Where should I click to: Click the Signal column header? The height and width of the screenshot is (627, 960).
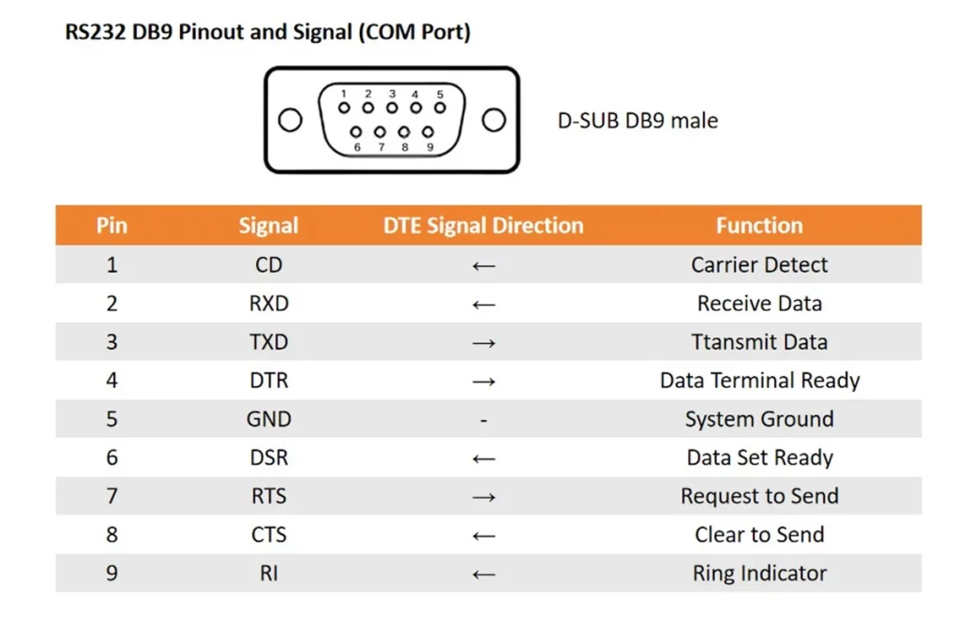(268, 225)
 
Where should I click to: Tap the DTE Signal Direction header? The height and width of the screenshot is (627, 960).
(483, 225)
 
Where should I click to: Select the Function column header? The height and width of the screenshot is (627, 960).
(759, 225)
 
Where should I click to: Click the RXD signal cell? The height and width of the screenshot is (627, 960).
(269, 303)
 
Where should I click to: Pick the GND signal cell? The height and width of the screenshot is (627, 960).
(269, 419)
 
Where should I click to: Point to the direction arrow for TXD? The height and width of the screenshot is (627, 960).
(484, 343)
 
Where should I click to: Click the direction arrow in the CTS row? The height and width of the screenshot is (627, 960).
(484, 536)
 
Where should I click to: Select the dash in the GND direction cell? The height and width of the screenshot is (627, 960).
(484, 420)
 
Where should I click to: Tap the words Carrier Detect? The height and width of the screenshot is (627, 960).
(759, 264)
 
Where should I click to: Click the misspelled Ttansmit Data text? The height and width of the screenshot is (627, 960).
(759, 342)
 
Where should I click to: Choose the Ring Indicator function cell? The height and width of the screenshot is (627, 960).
(759, 574)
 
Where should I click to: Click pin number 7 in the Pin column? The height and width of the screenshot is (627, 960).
(112, 496)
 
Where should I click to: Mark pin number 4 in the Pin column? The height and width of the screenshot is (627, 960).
(112, 381)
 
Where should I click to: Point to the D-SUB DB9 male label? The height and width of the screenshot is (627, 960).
(637, 121)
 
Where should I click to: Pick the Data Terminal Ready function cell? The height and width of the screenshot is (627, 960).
(759, 381)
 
